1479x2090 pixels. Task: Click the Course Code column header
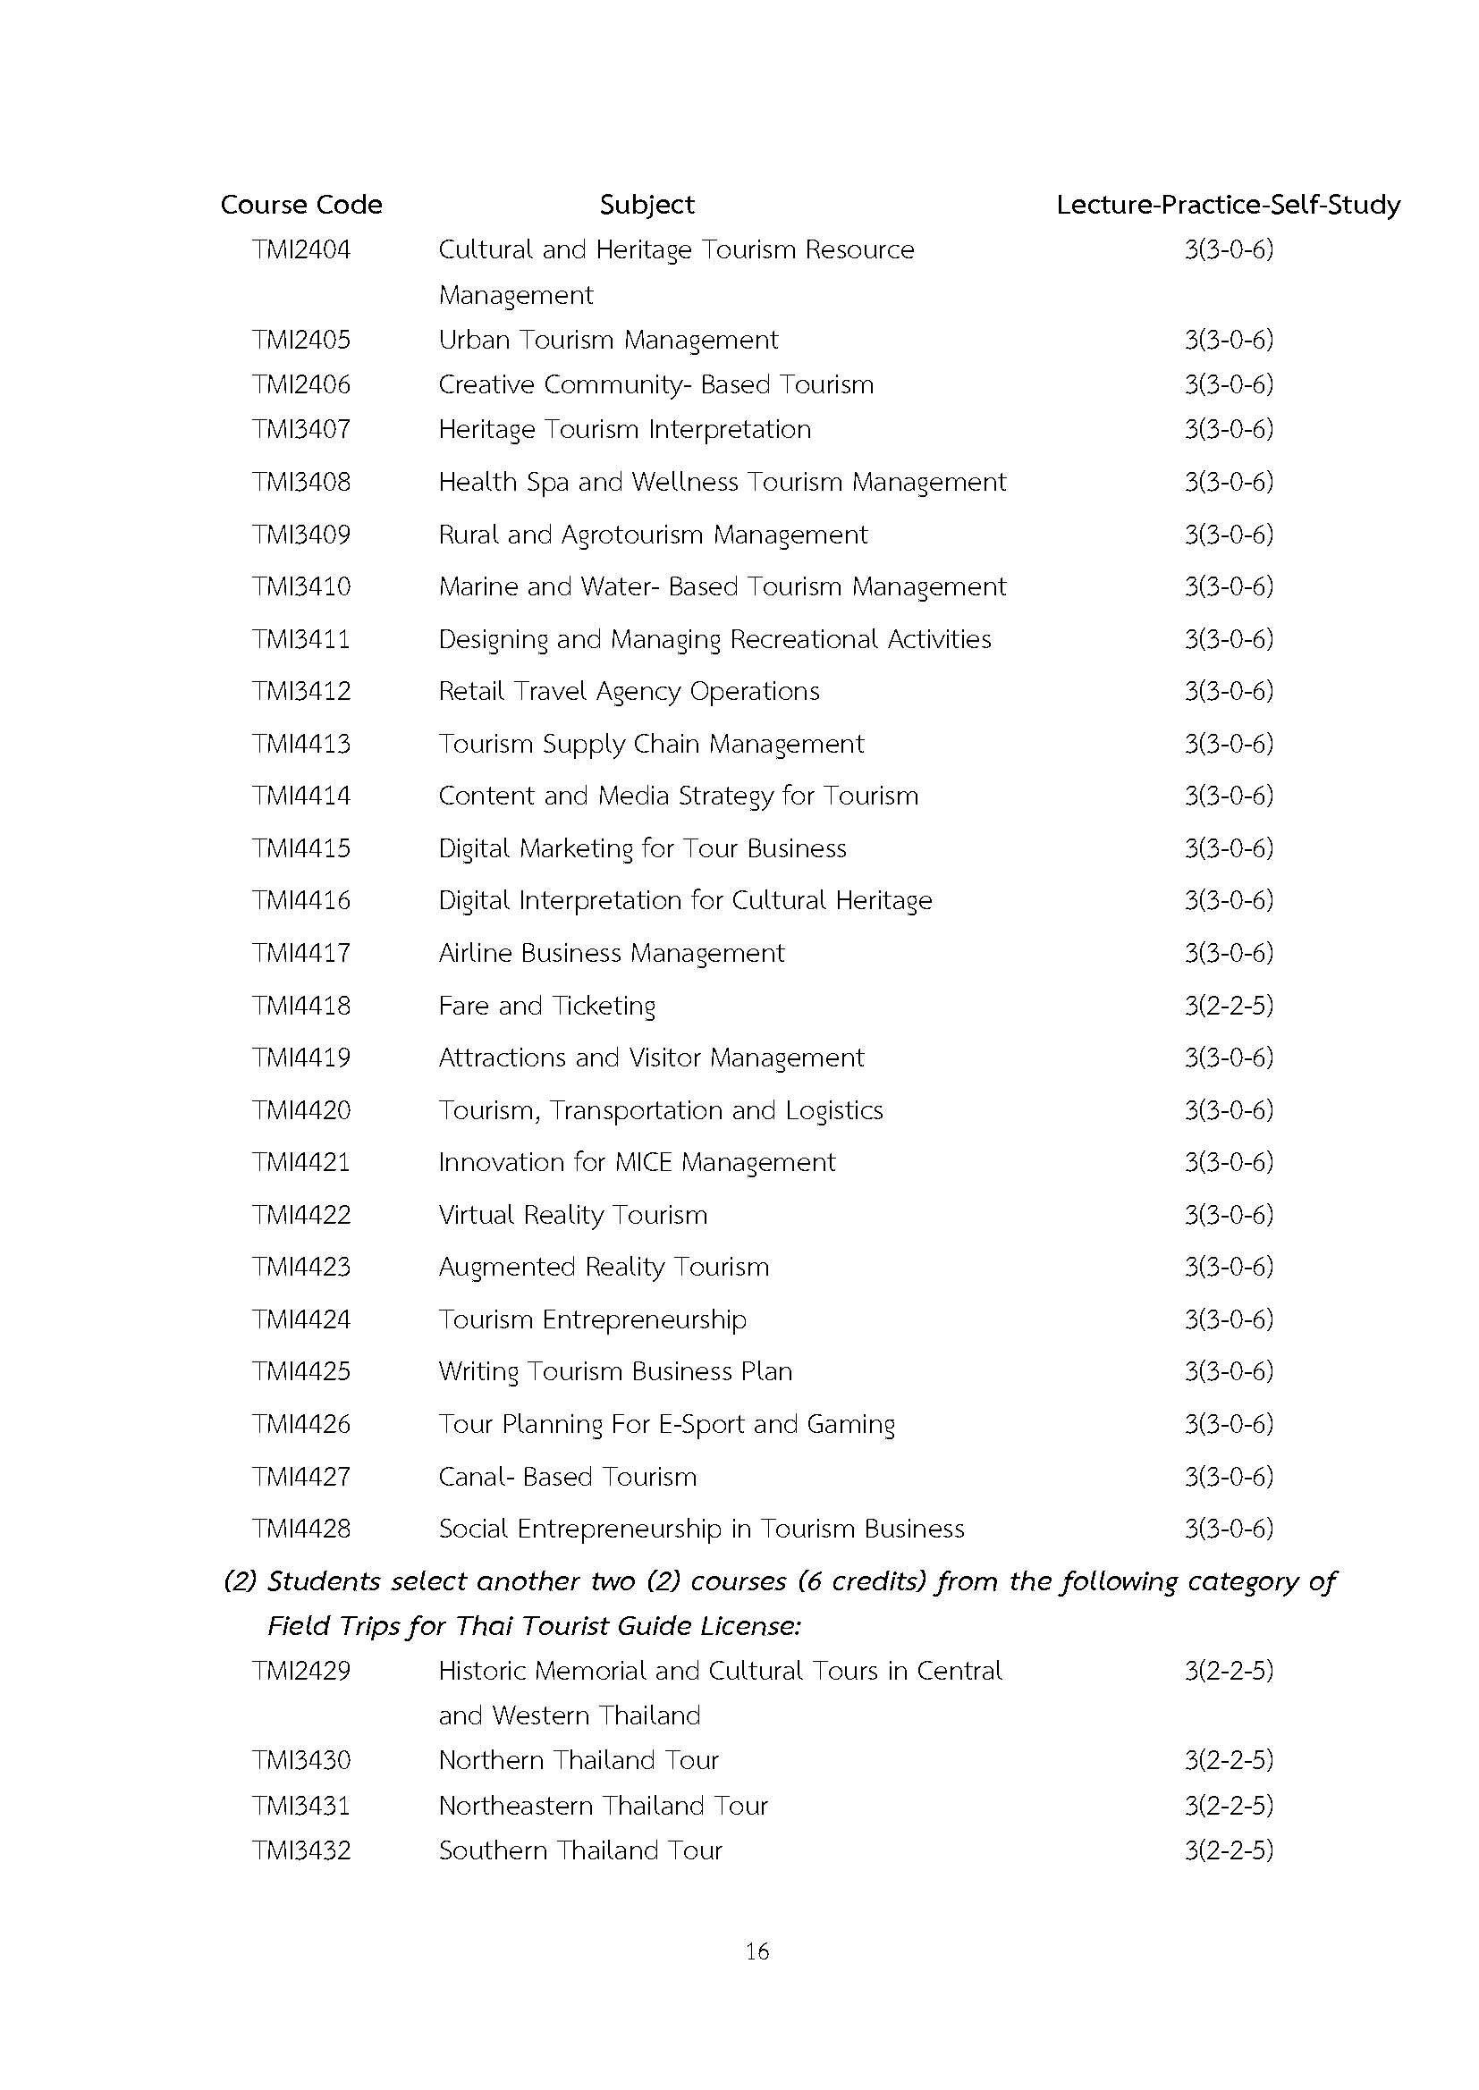tap(300, 205)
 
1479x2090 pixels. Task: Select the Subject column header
tap(647, 205)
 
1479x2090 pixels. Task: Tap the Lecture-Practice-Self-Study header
tap(1228, 205)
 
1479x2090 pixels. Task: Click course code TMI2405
tap(300, 340)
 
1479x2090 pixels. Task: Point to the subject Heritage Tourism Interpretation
tap(624, 429)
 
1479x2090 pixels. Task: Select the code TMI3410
tap(300, 586)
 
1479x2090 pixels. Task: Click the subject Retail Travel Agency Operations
tap(629, 691)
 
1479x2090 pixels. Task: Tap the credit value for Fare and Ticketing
tap(1228, 1005)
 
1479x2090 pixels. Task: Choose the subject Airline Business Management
tap(611, 953)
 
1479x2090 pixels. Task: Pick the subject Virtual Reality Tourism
tap(572, 1215)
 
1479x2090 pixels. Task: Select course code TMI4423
tap(300, 1267)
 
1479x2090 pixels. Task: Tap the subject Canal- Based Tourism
tap(568, 1477)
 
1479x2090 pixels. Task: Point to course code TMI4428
tap(300, 1529)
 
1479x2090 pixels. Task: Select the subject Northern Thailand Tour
tap(579, 1759)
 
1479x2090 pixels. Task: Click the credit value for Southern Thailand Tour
tap(1228, 1850)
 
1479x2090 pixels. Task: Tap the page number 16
tap(756, 1951)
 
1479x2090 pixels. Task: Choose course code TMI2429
tap(300, 1671)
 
